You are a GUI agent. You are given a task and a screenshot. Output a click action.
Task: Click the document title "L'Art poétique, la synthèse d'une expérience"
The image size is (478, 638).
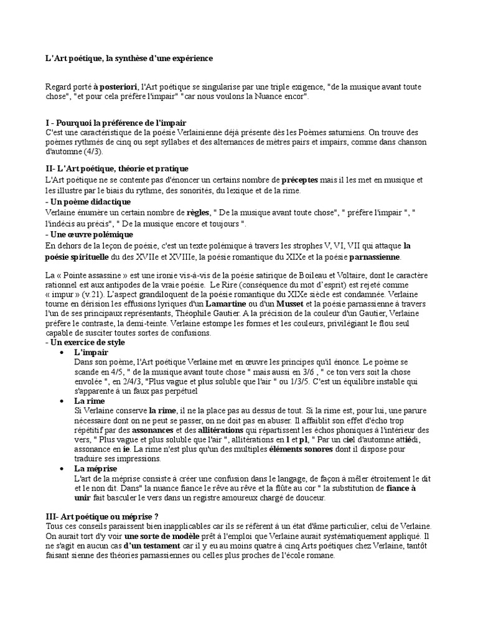click(129, 58)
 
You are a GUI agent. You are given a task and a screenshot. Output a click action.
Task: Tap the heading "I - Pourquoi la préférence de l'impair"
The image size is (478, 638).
click(116, 123)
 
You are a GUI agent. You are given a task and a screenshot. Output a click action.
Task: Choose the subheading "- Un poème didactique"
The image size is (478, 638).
click(88, 202)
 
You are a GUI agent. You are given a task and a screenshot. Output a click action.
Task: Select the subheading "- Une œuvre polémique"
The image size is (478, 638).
click(89, 234)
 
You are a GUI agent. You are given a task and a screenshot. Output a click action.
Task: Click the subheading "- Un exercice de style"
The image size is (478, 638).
click(85, 342)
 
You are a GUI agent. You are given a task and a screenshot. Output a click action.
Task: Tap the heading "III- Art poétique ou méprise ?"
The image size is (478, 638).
click(102, 517)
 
